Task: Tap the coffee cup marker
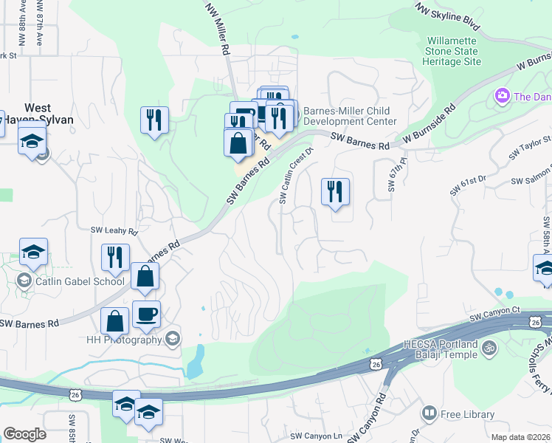[x=145, y=315]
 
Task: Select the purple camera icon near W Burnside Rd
[x=503, y=96]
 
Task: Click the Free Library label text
[x=468, y=414]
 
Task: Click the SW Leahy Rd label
[x=114, y=231]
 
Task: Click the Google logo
[x=24, y=434]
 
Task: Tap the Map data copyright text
[x=520, y=437]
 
